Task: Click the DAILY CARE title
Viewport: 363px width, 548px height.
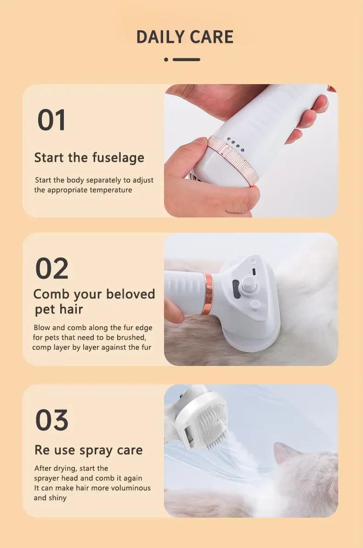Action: (185, 37)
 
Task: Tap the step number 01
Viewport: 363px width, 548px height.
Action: (51, 120)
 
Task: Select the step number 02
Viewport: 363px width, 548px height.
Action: (52, 268)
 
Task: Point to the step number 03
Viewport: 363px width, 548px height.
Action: (52, 420)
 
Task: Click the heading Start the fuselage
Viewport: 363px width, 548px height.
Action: (89, 158)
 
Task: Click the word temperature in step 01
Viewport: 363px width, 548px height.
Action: (111, 190)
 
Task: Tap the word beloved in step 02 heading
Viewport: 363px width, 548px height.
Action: (130, 294)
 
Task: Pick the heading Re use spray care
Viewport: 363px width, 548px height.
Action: (88, 450)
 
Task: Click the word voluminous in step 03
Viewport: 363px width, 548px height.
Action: (130, 488)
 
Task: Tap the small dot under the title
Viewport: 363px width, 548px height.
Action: (166, 59)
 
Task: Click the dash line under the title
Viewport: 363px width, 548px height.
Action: (186, 59)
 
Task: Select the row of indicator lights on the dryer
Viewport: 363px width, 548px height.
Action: (235, 144)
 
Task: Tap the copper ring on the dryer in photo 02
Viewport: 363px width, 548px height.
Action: (208, 294)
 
